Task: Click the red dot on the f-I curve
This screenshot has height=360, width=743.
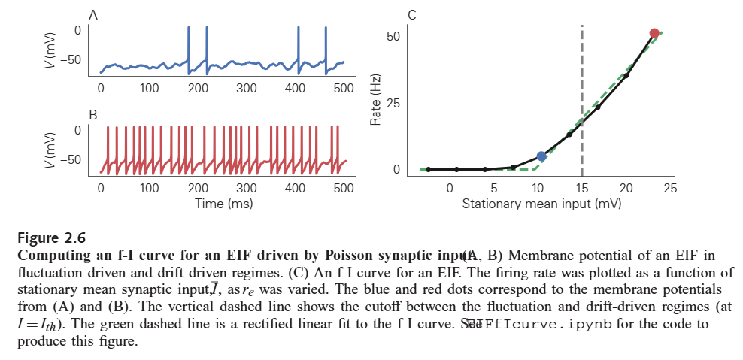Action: point(654,33)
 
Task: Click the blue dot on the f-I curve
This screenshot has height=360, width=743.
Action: point(541,156)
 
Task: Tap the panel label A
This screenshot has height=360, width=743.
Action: point(92,15)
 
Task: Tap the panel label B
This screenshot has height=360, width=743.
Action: point(92,115)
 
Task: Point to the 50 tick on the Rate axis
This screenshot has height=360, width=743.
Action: point(393,36)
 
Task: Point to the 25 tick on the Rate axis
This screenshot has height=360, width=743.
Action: point(393,102)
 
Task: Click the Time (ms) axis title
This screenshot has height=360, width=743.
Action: point(223,203)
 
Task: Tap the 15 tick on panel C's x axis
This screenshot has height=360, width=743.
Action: point(582,188)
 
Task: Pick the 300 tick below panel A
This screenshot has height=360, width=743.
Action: point(247,88)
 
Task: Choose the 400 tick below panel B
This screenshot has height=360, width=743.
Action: point(296,188)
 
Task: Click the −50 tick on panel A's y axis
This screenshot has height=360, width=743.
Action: point(72,59)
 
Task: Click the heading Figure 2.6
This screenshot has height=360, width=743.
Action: point(51,238)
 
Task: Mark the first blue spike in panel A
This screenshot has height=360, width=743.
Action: point(188,45)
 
